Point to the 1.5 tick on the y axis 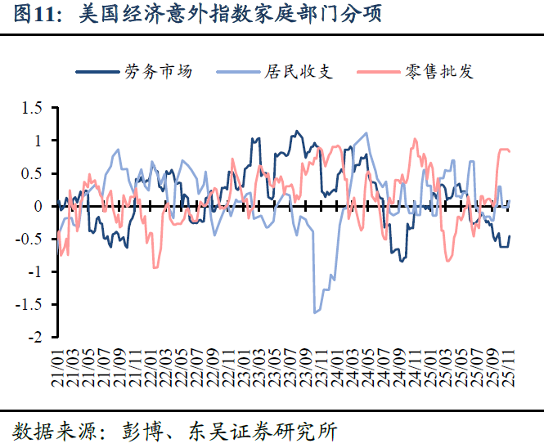tap(31, 108)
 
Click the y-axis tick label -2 tap(34, 337)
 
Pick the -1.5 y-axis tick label tap(29, 304)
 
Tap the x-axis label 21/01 tap(56, 365)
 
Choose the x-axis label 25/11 tap(513, 365)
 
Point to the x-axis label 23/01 tap(245, 365)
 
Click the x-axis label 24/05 tap(371, 365)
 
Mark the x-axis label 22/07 tap(198, 365)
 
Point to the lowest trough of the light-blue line tap(315, 312)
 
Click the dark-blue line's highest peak tap(295, 131)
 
